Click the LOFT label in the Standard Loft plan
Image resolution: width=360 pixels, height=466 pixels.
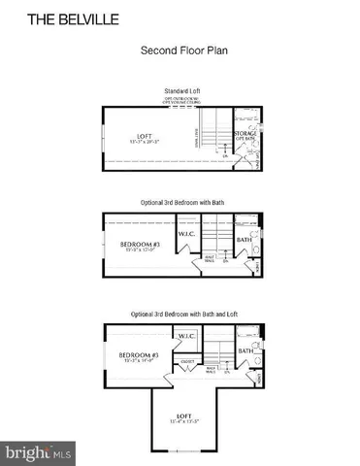pyautogui.click(x=147, y=136)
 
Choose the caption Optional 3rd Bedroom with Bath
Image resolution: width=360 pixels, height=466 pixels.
pyautogui.click(x=180, y=202)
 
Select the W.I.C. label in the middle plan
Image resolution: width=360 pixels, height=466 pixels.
pyautogui.click(x=187, y=234)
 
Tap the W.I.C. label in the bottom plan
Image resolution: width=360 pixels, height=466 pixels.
pyautogui.click(x=187, y=337)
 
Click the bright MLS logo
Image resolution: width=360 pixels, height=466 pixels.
pyautogui.click(x=39, y=451)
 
